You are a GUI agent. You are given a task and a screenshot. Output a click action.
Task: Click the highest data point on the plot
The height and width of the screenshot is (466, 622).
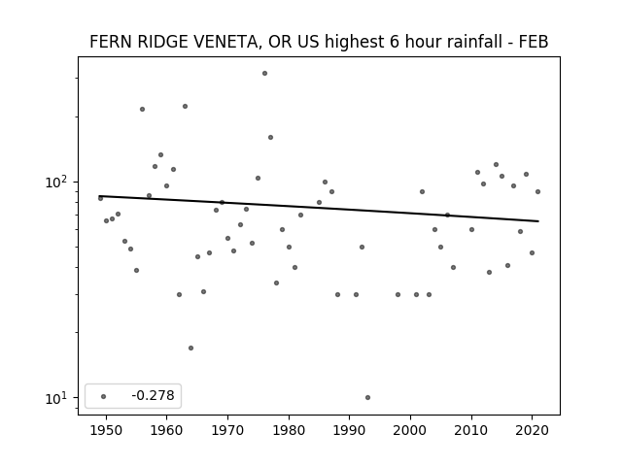(264, 74)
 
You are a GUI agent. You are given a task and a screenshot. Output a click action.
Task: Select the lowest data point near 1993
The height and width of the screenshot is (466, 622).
(367, 397)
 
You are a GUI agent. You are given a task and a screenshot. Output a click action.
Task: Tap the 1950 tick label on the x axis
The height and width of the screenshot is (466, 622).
(106, 430)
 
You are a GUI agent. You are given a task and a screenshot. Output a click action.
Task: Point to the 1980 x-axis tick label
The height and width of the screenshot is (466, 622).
(289, 430)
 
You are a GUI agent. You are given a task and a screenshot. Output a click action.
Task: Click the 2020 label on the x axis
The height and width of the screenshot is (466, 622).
(532, 430)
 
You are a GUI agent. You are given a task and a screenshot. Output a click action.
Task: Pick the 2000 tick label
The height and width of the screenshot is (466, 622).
(410, 430)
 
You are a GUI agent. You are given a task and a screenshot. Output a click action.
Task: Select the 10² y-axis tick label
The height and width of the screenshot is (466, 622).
(57, 182)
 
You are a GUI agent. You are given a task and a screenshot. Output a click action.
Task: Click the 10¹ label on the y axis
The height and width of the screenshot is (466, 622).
(57, 398)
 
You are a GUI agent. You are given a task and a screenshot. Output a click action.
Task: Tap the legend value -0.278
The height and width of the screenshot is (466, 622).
(154, 395)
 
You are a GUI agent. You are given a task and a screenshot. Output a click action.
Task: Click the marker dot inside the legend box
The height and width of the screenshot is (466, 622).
(104, 396)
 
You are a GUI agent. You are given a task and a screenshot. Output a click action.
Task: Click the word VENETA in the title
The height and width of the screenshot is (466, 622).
(226, 42)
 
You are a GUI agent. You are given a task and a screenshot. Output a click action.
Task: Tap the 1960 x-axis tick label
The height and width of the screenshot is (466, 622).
(166, 430)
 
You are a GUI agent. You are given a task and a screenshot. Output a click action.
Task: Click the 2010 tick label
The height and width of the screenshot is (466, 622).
(471, 430)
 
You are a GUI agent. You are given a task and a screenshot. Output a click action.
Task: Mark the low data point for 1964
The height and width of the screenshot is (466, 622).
(190, 348)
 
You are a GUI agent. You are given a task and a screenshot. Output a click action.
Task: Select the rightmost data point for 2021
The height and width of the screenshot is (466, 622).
(537, 192)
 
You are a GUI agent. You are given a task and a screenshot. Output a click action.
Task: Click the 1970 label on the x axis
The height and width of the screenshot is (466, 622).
(227, 430)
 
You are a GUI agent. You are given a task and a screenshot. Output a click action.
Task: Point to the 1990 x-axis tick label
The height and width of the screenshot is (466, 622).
(350, 430)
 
